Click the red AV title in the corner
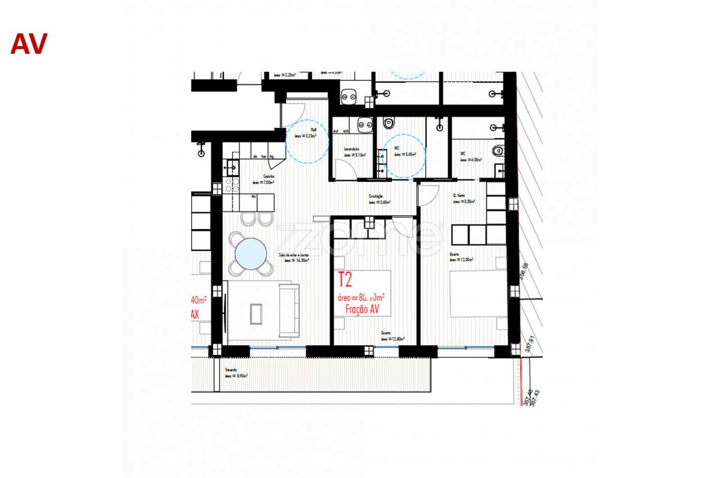pos(29,44)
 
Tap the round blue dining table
pos(251,254)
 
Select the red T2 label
pos(345,279)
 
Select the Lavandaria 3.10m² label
pos(355,152)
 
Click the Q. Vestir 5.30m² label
pos(463,199)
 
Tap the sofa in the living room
pos(289,310)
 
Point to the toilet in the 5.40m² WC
pos(389,122)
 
